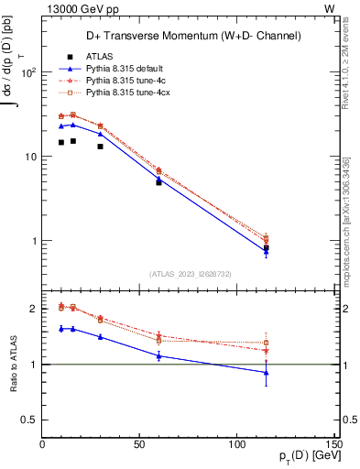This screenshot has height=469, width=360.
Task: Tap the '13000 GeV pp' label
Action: pos(76,8)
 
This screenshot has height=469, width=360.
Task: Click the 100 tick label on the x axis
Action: pos(238,445)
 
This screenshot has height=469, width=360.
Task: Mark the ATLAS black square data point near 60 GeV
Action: pos(159,182)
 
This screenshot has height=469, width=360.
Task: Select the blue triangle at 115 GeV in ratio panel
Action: pos(267,373)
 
